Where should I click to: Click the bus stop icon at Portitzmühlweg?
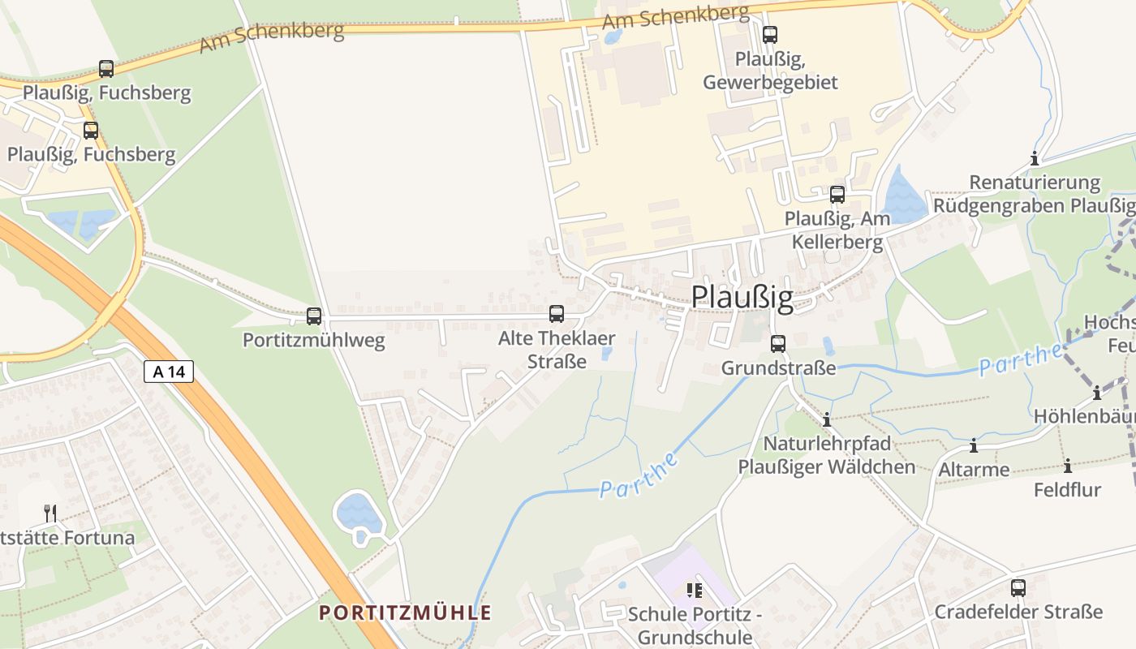click(x=314, y=316)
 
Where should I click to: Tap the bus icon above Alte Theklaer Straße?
click(x=557, y=313)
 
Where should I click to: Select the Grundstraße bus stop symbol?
click(x=778, y=343)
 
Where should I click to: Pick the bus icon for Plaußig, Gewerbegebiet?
click(x=770, y=35)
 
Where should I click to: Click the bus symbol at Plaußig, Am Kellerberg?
click(x=837, y=195)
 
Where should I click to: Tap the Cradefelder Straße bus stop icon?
click(x=1018, y=588)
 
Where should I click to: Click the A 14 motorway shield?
click(x=169, y=372)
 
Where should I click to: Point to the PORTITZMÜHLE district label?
click(x=406, y=612)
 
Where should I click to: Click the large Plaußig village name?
click(x=742, y=298)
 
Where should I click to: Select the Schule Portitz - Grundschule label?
click(x=695, y=625)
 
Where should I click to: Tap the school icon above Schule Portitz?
click(x=694, y=591)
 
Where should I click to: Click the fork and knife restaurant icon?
click(x=50, y=513)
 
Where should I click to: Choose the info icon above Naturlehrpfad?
click(x=827, y=419)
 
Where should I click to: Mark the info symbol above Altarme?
click(x=974, y=445)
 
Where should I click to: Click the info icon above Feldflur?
click(x=1068, y=466)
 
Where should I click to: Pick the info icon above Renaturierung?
click(x=1035, y=158)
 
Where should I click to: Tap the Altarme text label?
click(x=974, y=470)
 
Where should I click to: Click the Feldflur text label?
click(x=1067, y=490)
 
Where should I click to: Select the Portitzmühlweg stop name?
click(x=314, y=340)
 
